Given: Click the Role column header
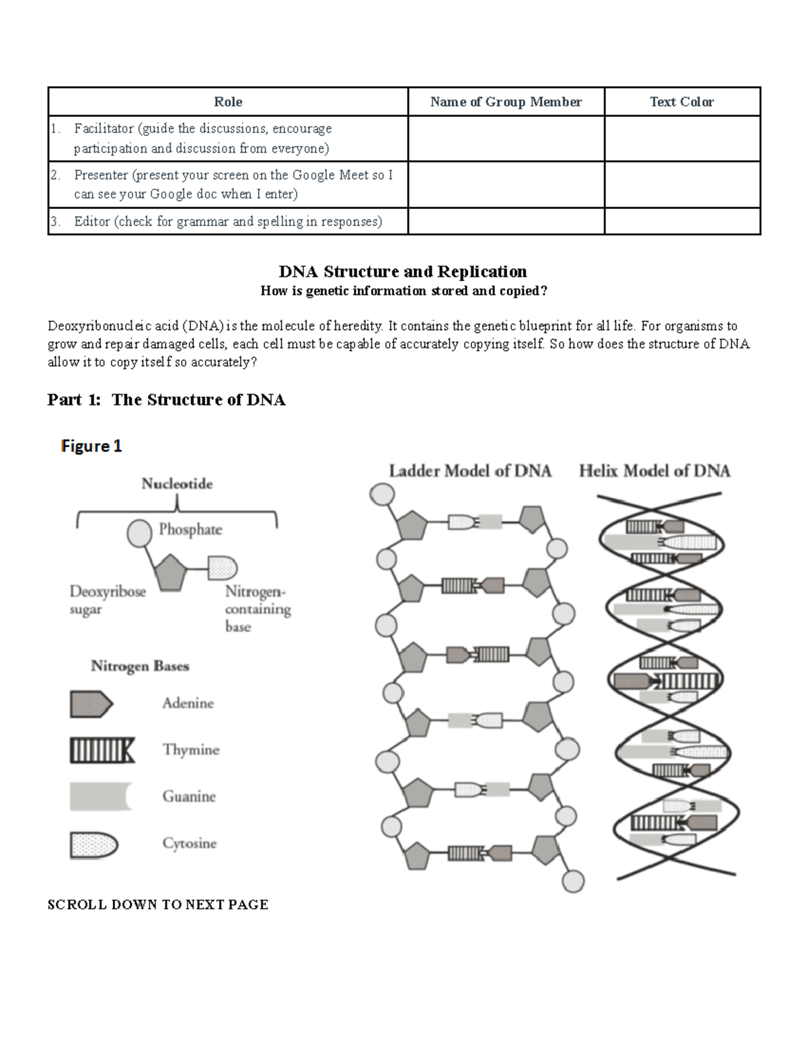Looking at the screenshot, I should pyautogui.click(x=228, y=102).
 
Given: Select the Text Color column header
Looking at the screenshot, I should pyautogui.click(x=681, y=102).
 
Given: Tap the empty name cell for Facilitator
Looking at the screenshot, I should pyautogui.click(x=506, y=138).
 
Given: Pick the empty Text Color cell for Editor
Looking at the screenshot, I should pyautogui.click(x=682, y=221).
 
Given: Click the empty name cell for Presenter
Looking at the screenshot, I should pyautogui.click(x=506, y=184).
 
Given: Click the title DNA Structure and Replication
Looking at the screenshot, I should pyautogui.click(x=403, y=272).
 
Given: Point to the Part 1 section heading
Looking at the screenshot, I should pyautogui.click(x=166, y=400).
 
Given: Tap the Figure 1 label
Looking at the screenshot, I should pyautogui.click(x=91, y=446).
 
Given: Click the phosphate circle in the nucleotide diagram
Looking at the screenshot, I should pyautogui.click(x=139, y=533).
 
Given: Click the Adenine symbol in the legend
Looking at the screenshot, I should pyautogui.click(x=91, y=704).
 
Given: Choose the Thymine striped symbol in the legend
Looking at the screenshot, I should pyautogui.click(x=102, y=750).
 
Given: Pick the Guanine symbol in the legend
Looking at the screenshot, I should pyautogui.click(x=100, y=797).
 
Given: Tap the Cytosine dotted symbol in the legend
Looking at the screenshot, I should pyautogui.click(x=93, y=845).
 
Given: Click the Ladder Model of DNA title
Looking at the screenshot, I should pyautogui.click(x=469, y=471).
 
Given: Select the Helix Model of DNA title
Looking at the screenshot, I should pyautogui.click(x=654, y=471).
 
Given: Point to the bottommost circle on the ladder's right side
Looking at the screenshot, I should pyautogui.click(x=573, y=881).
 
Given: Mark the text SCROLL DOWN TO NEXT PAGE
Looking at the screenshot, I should pyautogui.click(x=158, y=905).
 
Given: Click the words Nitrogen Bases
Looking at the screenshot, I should pyautogui.click(x=140, y=666).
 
